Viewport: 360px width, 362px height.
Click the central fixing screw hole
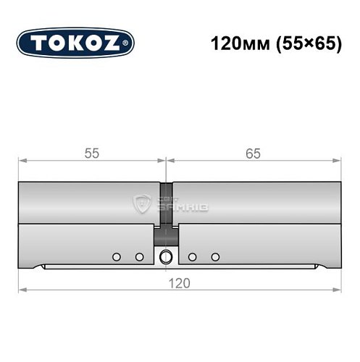(x=167, y=256)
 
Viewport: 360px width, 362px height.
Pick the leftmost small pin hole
(x=116, y=256)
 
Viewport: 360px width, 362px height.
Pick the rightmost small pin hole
(x=214, y=256)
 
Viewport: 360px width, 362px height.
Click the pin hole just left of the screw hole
(x=139, y=256)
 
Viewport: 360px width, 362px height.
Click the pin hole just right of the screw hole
(x=192, y=256)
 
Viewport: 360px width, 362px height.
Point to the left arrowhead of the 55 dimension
(x=22, y=160)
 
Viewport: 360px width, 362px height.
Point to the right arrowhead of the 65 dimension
(x=337, y=160)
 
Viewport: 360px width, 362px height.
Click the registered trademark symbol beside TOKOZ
(x=129, y=43)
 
